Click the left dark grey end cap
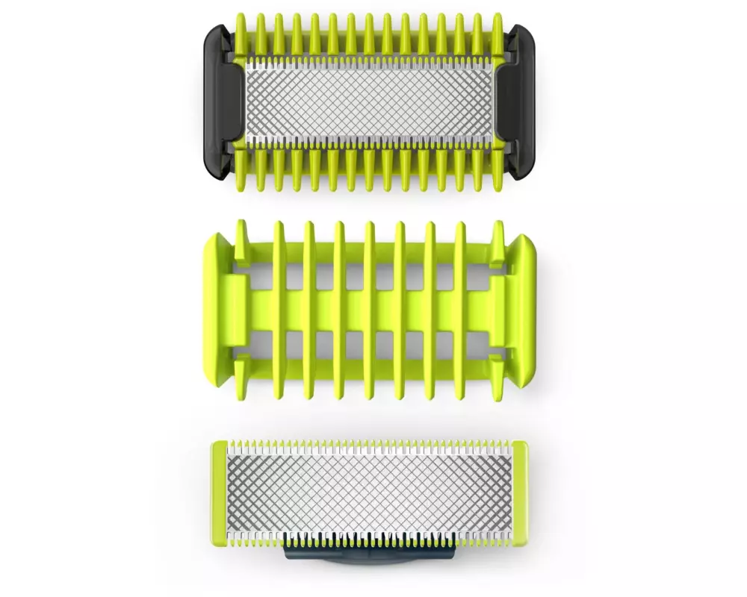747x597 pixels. [221, 101]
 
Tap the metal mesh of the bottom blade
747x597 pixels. [369, 497]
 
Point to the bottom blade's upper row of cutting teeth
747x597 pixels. [369, 448]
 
